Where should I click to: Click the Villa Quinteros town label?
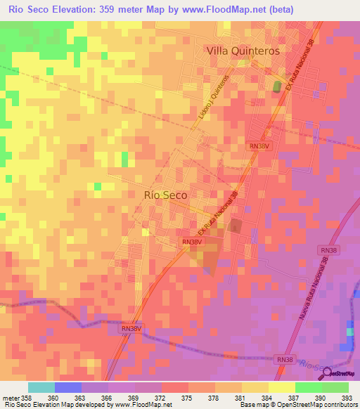243,51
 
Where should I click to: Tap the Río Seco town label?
165,196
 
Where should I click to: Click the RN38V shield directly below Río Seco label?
192,242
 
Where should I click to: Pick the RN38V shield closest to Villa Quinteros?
258,145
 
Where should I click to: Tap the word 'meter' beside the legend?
11,397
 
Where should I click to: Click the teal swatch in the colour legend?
41,387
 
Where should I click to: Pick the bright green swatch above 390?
309,387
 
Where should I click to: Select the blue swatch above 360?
68,387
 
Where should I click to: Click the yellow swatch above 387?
282,387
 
